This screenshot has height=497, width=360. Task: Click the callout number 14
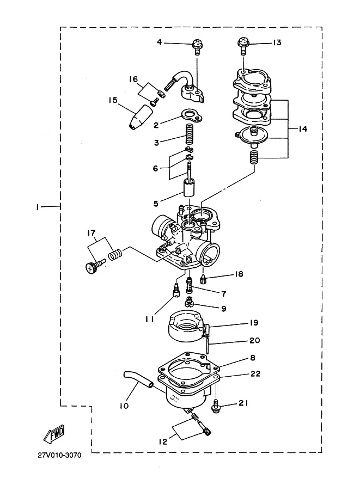click(303, 128)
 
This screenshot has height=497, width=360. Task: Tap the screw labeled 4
click(197, 47)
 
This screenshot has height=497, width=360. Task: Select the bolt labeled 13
click(243, 46)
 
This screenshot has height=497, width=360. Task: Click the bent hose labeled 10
click(138, 379)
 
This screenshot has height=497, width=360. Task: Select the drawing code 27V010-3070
click(59, 455)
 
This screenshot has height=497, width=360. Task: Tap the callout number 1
click(38, 207)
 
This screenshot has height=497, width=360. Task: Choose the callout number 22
click(255, 373)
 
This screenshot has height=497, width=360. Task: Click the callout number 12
click(163, 441)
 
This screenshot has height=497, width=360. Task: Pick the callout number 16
click(133, 79)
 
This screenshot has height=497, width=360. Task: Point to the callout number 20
click(255, 340)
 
